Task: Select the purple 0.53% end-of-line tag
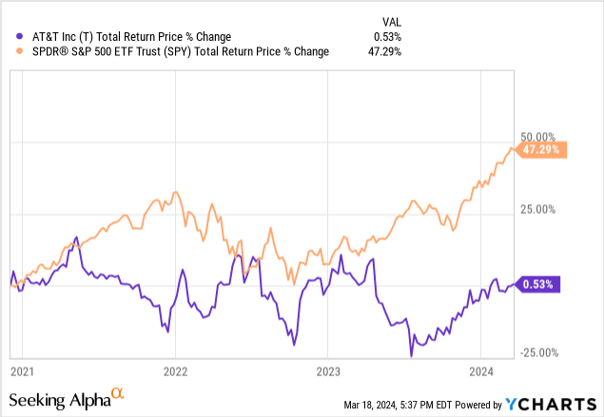(x=543, y=283)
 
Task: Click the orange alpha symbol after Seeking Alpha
(x=117, y=391)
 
